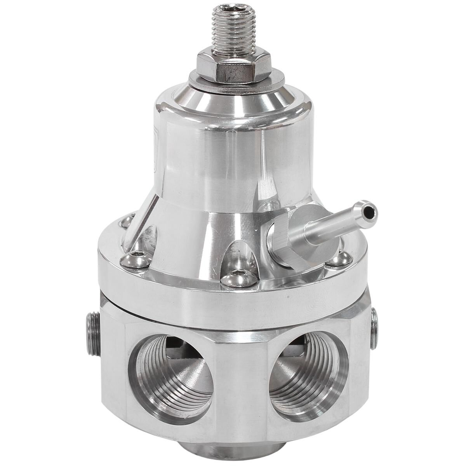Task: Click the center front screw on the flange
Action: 239,276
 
